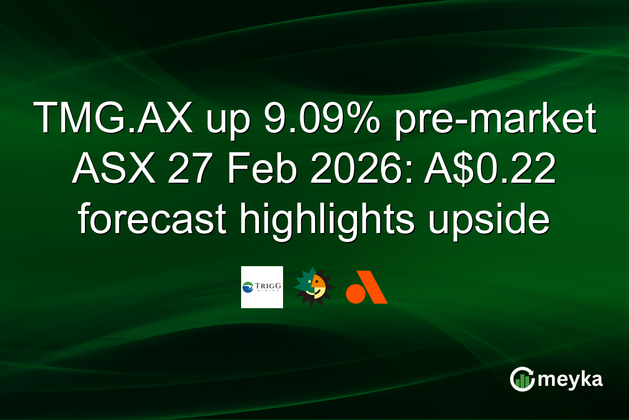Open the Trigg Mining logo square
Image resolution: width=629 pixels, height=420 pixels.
pos(262,287)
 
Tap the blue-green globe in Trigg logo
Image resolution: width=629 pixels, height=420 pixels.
pos(248,287)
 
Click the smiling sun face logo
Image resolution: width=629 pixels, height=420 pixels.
pos(313,287)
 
